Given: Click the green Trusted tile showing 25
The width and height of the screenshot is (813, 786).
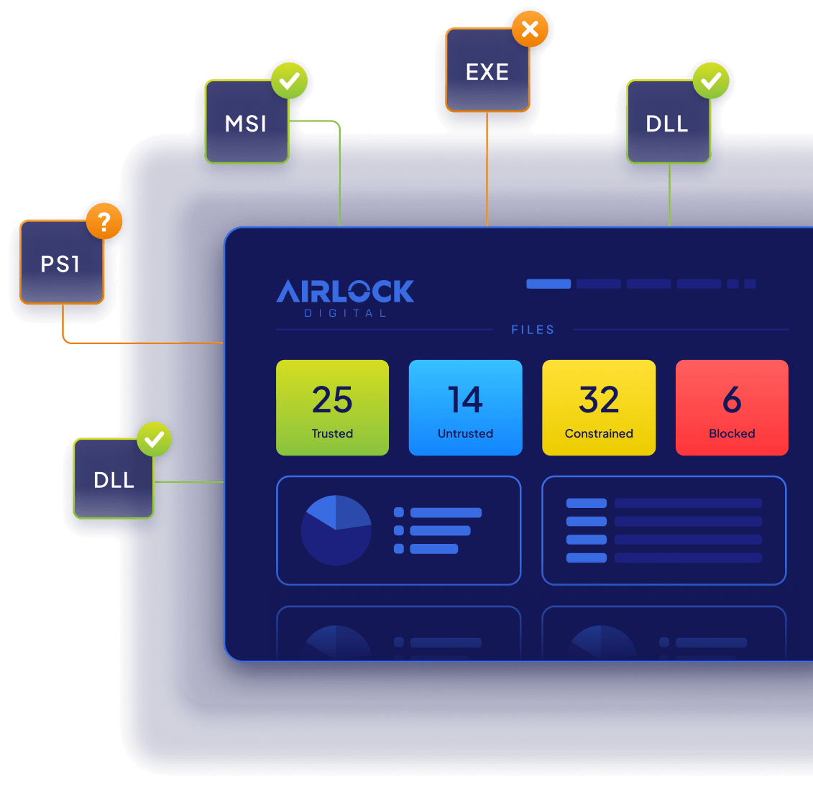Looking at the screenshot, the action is coord(332,408).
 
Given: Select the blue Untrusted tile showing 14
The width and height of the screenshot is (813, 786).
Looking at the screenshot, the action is coord(465,408).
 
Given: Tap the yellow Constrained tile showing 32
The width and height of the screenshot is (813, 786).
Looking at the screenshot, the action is coord(599,408).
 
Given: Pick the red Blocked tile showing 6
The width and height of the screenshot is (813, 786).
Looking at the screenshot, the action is coord(732,408).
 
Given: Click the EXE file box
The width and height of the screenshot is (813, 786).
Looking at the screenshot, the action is coord(487,70).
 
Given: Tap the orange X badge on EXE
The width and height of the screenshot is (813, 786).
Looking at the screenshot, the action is coord(530,29).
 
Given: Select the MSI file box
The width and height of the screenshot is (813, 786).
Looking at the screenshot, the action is coord(247,121).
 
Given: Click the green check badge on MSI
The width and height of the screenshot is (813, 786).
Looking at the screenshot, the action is coord(289,81).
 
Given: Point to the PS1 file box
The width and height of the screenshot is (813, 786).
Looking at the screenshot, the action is coord(62,262).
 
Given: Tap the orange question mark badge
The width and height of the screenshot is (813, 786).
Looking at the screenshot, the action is coord(104,221).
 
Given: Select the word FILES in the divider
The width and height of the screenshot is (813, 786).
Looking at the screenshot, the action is coord(533,330).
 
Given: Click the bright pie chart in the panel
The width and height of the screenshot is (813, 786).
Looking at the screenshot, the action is coord(336,530).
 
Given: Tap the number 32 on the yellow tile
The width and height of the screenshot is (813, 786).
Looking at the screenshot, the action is coord(599,399).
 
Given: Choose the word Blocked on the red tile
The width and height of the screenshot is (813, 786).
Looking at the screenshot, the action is coord(732,433).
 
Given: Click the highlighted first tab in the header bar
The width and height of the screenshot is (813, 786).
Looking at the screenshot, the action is coord(548,284).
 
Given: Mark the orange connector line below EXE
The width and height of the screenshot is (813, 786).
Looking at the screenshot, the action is coord(487,170).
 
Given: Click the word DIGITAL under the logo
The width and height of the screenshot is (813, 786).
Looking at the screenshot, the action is coord(345,313).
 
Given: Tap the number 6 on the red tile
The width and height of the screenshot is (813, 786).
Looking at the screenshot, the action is coord(732,399).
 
